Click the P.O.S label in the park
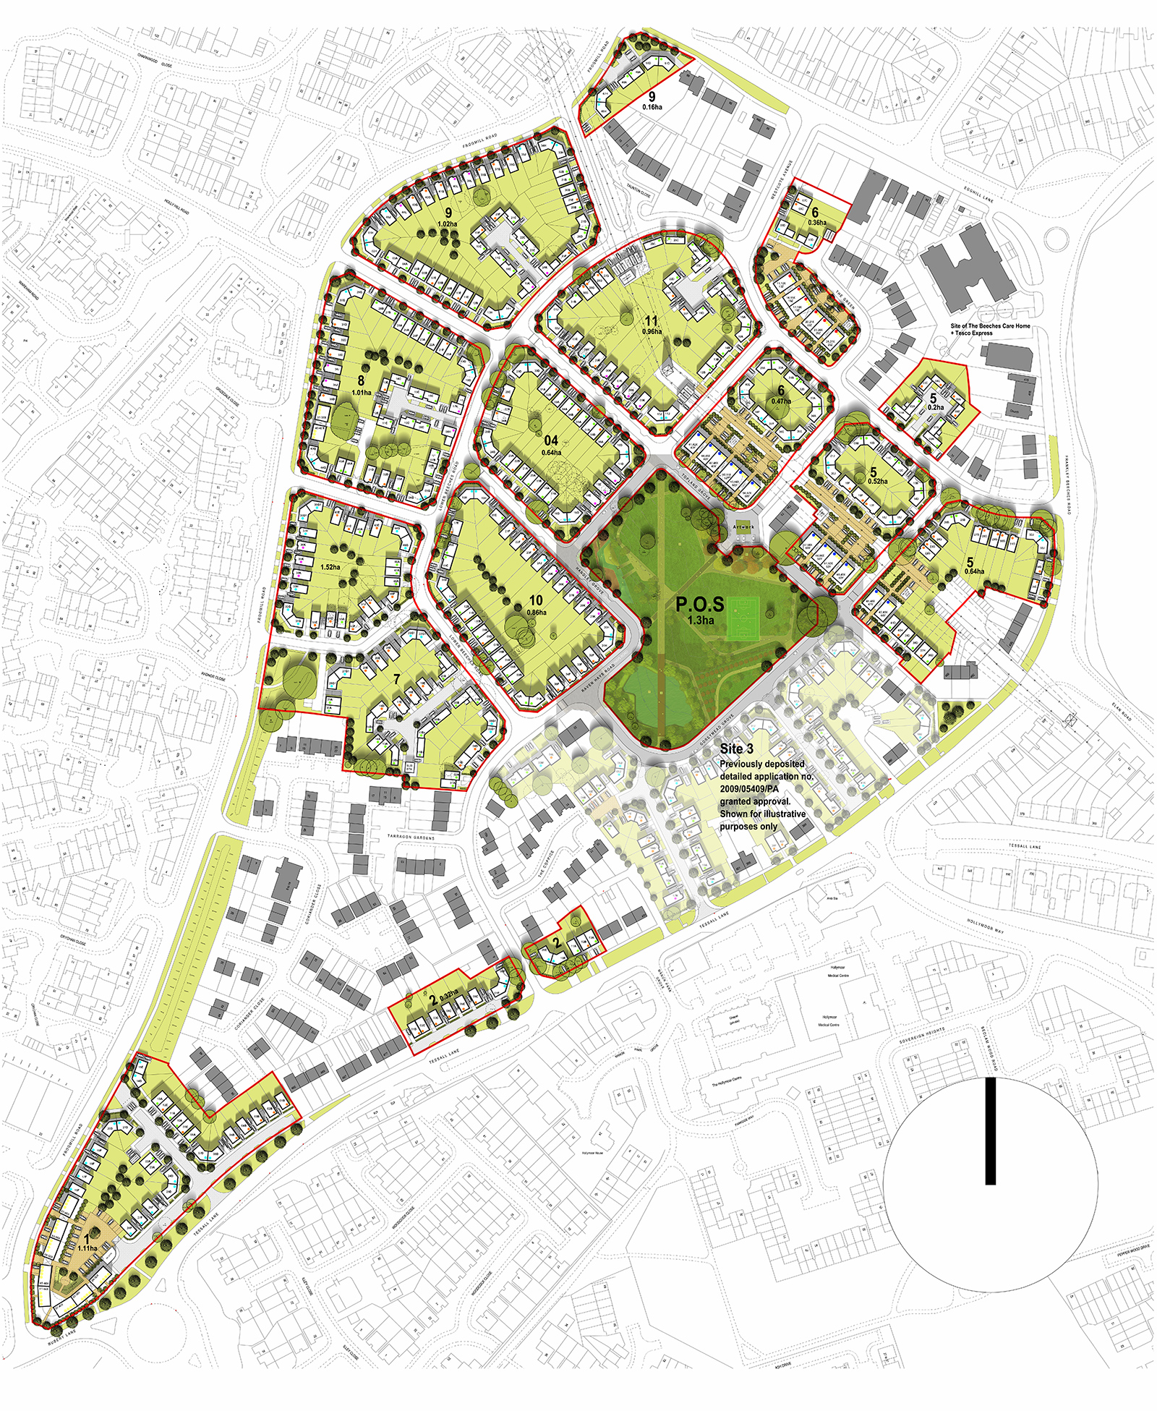point(699,605)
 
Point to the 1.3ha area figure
point(700,621)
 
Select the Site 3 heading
point(736,749)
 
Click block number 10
point(536,600)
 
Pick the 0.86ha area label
point(537,613)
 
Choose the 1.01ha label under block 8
point(361,393)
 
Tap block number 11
point(652,320)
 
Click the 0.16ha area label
point(652,107)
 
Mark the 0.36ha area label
point(816,223)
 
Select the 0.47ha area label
point(781,401)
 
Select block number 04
point(551,440)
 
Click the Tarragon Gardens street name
point(411,837)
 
